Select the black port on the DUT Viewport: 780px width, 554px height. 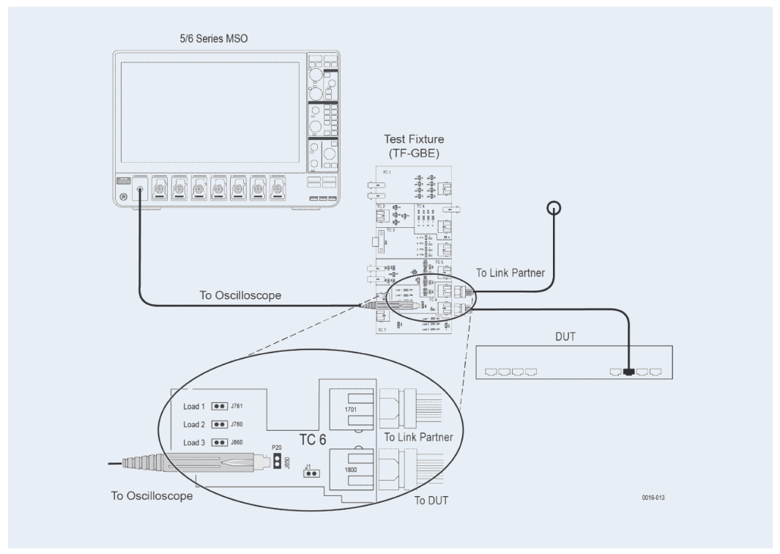click(x=630, y=372)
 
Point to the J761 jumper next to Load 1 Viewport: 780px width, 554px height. click(x=218, y=405)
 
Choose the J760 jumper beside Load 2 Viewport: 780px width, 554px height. click(x=218, y=424)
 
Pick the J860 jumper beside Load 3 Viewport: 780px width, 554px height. click(x=218, y=443)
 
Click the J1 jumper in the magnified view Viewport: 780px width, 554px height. click(x=312, y=473)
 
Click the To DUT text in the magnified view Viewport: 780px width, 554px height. click(x=431, y=501)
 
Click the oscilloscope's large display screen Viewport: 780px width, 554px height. click(x=210, y=112)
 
